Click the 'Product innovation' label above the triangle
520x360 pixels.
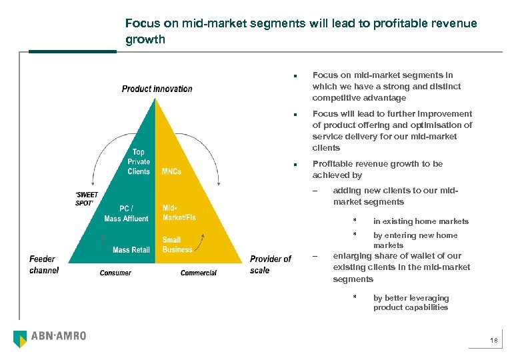pos(157,89)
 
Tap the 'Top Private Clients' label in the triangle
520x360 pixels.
pos(139,162)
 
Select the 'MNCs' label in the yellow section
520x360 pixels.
pos(173,171)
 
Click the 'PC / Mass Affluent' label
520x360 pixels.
pos(126,213)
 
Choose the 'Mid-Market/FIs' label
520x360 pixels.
pos(179,213)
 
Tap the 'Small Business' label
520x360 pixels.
pos(177,245)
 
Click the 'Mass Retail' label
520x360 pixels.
pos(131,250)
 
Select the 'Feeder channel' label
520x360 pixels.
pos(44,265)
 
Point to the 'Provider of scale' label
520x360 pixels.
pos(270,265)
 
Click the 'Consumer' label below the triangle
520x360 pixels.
pos(116,273)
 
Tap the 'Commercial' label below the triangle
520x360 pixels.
pos(199,273)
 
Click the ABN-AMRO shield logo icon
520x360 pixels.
pos(21,339)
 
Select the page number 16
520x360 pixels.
pos(493,341)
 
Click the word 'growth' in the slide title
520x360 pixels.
pos(145,39)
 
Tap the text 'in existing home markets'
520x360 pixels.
pos(421,221)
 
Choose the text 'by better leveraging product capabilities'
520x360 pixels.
pos(411,303)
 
